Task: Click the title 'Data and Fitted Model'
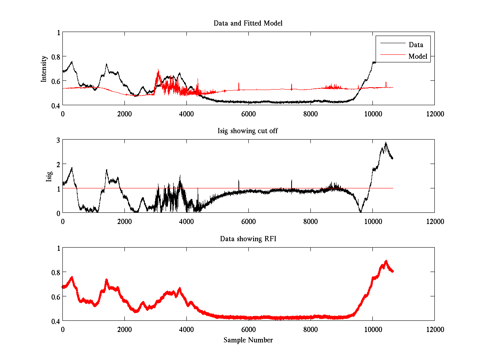[x=248, y=23]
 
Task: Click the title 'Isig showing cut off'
[x=248, y=131]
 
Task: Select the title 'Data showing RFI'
[x=248, y=239]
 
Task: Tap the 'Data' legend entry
[x=416, y=45]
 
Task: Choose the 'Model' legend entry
[x=418, y=56]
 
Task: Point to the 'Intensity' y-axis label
[x=44, y=69]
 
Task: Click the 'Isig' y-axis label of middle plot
[x=49, y=176]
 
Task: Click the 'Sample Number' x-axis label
[x=248, y=340]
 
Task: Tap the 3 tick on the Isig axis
[x=58, y=140]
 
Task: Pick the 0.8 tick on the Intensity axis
[x=55, y=57]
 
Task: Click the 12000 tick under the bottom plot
[x=434, y=329]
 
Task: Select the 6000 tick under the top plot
[x=248, y=114]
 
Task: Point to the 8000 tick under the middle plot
[x=310, y=221]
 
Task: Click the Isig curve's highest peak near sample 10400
[x=386, y=142]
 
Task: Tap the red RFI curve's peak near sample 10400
[x=386, y=261]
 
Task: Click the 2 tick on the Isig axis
[x=58, y=164]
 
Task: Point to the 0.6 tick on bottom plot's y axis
[x=55, y=296]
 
